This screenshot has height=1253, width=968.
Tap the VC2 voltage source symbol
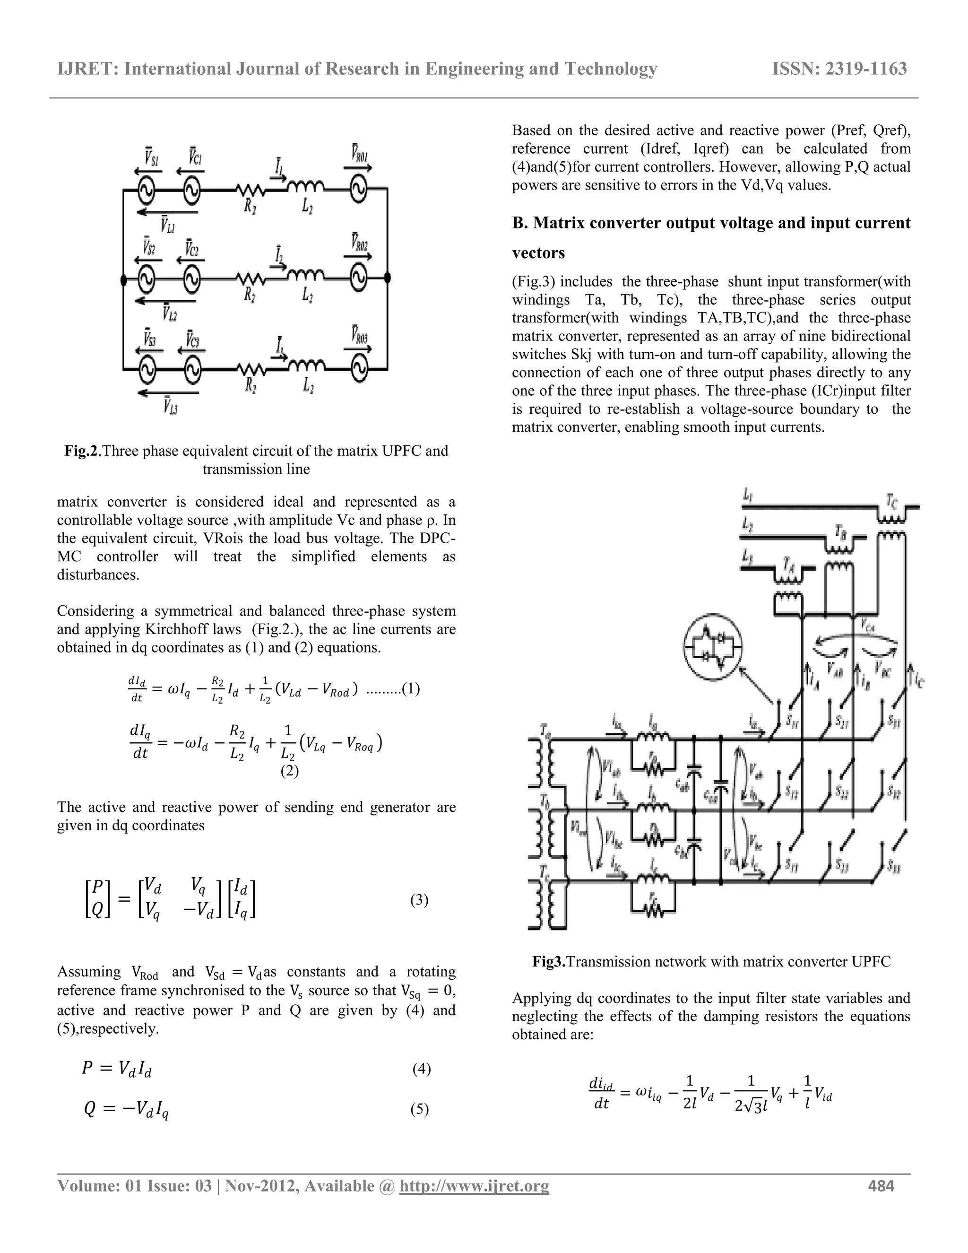[192, 279]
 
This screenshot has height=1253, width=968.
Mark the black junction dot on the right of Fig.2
[388, 278]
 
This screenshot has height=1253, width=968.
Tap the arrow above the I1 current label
[277, 178]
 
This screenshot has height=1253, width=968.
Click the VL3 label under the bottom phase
[170, 407]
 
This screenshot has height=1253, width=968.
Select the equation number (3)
[419, 900]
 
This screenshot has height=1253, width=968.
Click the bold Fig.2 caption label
[81, 451]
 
